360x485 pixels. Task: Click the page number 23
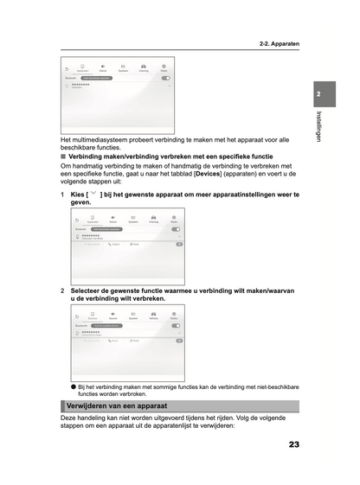pos(293,444)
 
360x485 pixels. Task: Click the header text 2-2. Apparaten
pos(278,42)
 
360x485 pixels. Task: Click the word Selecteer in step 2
pos(89,290)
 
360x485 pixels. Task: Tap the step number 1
pos(62,195)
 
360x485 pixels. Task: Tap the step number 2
pos(62,290)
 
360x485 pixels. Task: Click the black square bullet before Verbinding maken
pos(63,156)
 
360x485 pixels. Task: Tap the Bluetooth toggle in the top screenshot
pos(165,78)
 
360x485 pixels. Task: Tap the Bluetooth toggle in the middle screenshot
pos(176,229)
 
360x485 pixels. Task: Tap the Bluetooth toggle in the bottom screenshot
pos(176,325)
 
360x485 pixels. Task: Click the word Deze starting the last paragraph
pos(69,418)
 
